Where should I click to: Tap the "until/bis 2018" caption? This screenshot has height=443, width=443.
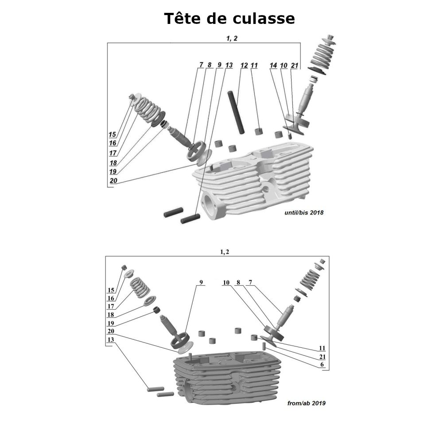pyautogui.click(x=304, y=213)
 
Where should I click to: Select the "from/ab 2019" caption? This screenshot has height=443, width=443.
pyautogui.click(x=307, y=404)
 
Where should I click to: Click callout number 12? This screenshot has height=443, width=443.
pyautogui.click(x=244, y=65)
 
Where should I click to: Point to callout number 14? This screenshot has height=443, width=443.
pyautogui.click(x=273, y=65)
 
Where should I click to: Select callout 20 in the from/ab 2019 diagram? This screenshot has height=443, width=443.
pyautogui.click(x=111, y=331)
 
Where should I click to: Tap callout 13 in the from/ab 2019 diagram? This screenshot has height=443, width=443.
pyautogui.click(x=111, y=340)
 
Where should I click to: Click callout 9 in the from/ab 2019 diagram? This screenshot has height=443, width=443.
pyautogui.click(x=201, y=282)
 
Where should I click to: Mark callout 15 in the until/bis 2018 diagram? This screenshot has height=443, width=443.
pyautogui.click(x=112, y=134)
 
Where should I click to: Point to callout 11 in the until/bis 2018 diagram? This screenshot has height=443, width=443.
pyautogui.click(x=254, y=65)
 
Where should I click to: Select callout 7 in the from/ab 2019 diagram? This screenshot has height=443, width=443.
pyautogui.click(x=250, y=282)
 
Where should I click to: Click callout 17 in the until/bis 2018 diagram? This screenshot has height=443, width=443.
pyautogui.click(x=113, y=153)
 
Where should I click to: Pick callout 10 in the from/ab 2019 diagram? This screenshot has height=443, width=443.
pyautogui.click(x=226, y=282)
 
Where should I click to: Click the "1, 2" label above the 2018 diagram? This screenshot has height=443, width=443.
pyautogui.click(x=232, y=39)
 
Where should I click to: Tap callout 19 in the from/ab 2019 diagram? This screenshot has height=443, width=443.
pyautogui.click(x=111, y=323)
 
